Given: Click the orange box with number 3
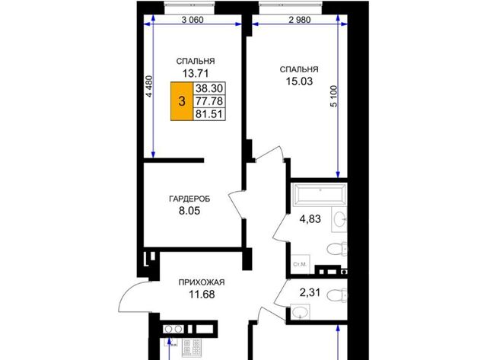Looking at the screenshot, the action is [x=182, y=101].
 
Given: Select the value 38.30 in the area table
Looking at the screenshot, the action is [x=209, y=88].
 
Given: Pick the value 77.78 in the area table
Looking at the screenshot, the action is [x=209, y=101].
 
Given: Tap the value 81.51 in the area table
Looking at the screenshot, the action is [x=209, y=114].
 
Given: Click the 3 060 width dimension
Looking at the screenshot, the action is [x=193, y=20].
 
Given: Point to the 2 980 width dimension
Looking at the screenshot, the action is [x=299, y=20].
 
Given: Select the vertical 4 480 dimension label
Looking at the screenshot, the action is [x=149, y=87].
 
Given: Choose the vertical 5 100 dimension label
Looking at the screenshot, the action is [x=333, y=96].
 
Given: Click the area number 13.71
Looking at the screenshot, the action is [x=196, y=74].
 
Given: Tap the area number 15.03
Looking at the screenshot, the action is [x=299, y=81].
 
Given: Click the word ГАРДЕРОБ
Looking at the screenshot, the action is [x=189, y=199].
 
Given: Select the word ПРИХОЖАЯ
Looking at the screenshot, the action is [x=202, y=282].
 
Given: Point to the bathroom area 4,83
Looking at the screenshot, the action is [x=310, y=219].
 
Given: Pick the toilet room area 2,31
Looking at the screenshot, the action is [x=310, y=292].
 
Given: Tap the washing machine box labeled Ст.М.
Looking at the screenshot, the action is [x=301, y=264].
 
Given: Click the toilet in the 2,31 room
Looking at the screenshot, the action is [x=337, y=295].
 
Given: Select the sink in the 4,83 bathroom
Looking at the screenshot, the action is [x=339, y=219].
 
